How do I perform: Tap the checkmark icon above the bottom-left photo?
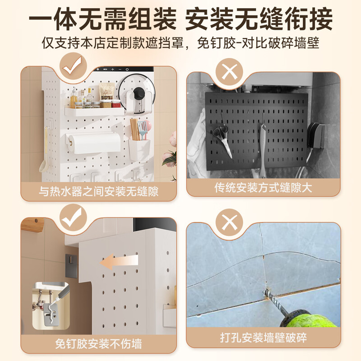pos(70,218)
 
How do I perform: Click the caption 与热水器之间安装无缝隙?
pos(98,191)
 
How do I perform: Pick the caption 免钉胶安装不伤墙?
pos(98,344)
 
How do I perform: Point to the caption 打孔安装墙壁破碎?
pos(263,338)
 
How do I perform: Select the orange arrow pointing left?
pos(119,261)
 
